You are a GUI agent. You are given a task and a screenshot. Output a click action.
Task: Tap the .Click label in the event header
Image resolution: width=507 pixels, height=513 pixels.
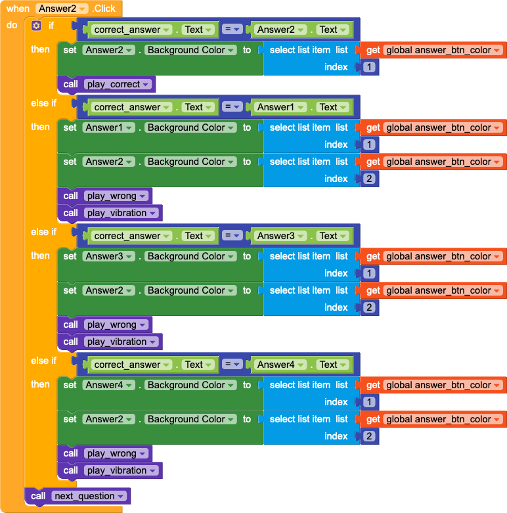103,9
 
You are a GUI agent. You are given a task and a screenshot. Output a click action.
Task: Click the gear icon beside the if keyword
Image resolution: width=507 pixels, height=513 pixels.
36,26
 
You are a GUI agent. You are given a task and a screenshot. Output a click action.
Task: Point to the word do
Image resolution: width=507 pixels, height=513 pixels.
12,26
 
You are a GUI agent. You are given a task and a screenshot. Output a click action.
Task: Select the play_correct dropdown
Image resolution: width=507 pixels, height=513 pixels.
118,84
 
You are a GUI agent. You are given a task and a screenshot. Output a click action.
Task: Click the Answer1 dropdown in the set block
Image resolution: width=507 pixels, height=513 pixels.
108,127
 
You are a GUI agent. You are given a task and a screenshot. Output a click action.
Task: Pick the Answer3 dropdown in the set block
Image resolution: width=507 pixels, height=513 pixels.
108,256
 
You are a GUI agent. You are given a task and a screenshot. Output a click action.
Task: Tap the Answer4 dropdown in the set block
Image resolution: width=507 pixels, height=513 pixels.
108,385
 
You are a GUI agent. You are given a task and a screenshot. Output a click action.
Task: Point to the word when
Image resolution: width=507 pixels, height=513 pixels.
18,9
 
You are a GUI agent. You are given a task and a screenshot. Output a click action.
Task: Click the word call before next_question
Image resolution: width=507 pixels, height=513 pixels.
38,496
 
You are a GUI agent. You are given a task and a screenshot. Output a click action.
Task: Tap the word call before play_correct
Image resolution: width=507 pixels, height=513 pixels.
70,84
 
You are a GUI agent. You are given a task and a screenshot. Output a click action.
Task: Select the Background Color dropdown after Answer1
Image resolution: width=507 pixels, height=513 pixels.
190,127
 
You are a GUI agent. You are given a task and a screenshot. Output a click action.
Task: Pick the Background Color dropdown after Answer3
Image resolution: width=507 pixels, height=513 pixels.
190,256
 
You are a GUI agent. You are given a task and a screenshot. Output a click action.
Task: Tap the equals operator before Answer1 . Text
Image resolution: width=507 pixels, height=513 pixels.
232,107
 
